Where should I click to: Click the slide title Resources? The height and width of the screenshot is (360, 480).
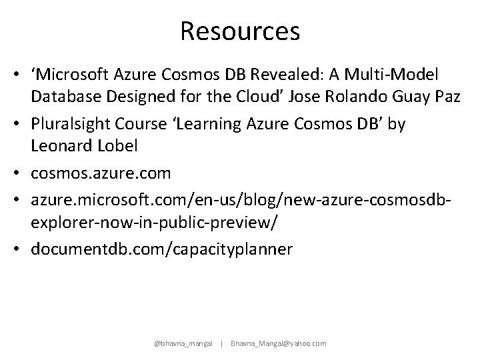click(x=240, y=31)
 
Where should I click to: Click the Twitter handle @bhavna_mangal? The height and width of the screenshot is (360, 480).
click(x=183, y=343)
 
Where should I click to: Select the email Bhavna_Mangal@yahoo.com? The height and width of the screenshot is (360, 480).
click(x=279, y=343)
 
